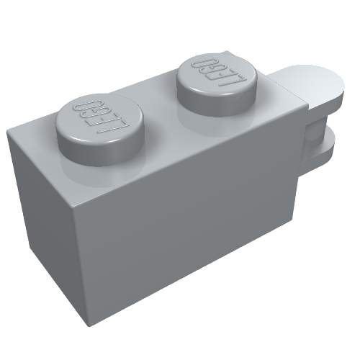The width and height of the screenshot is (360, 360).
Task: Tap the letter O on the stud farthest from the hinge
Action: click(x=81, y=105)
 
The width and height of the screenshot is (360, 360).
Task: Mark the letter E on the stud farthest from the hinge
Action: click(x=103, y=116)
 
